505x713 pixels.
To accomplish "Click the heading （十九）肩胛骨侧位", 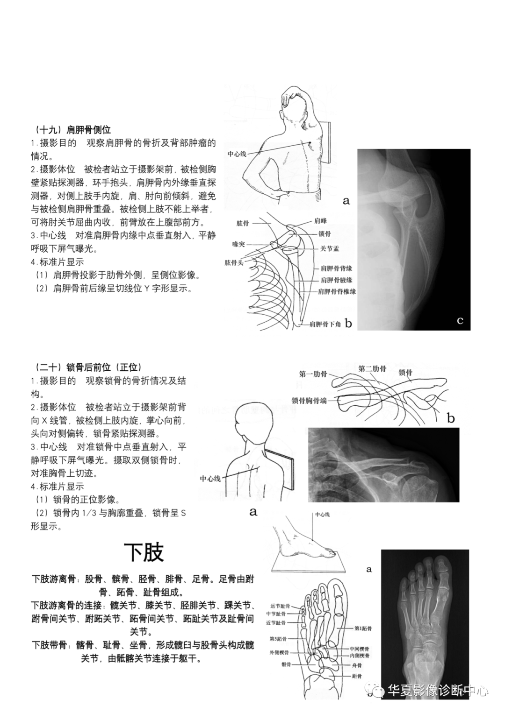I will click(x=72, y=129).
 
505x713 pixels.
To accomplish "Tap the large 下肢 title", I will click(x=144, y=552).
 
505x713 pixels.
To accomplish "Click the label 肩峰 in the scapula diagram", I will click(x=321, y=221).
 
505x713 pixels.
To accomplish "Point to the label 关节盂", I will click(x=330, y=249).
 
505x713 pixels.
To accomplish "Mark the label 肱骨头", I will click(x=234, y=263).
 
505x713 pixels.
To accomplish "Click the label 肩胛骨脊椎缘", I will click(x=337, y=291).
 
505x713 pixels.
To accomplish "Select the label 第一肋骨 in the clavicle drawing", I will click(x=313, y=374).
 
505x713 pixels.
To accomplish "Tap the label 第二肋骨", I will click(x=372, y=368).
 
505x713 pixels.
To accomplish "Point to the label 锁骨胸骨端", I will click(x=309, y=400).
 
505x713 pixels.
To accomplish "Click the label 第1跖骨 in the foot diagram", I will click(x=363, y=628).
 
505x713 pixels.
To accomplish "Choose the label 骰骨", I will click(x=286, y=664).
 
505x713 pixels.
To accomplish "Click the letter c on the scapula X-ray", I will click(x=460, y=320).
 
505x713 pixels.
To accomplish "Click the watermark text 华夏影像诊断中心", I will click(x=438, y=691).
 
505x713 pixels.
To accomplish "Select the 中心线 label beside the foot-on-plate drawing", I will click(x=322, y=514).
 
